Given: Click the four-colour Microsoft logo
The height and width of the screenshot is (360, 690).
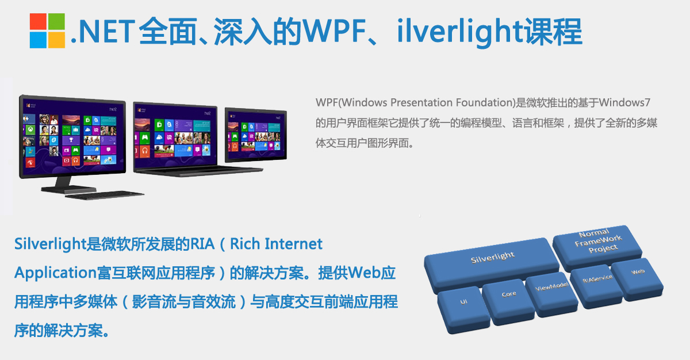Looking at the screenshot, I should tap(47, 30).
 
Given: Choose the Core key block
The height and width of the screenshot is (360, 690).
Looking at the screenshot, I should tap(508, 294).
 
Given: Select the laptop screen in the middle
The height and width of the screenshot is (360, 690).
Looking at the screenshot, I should tap(175, 135).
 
